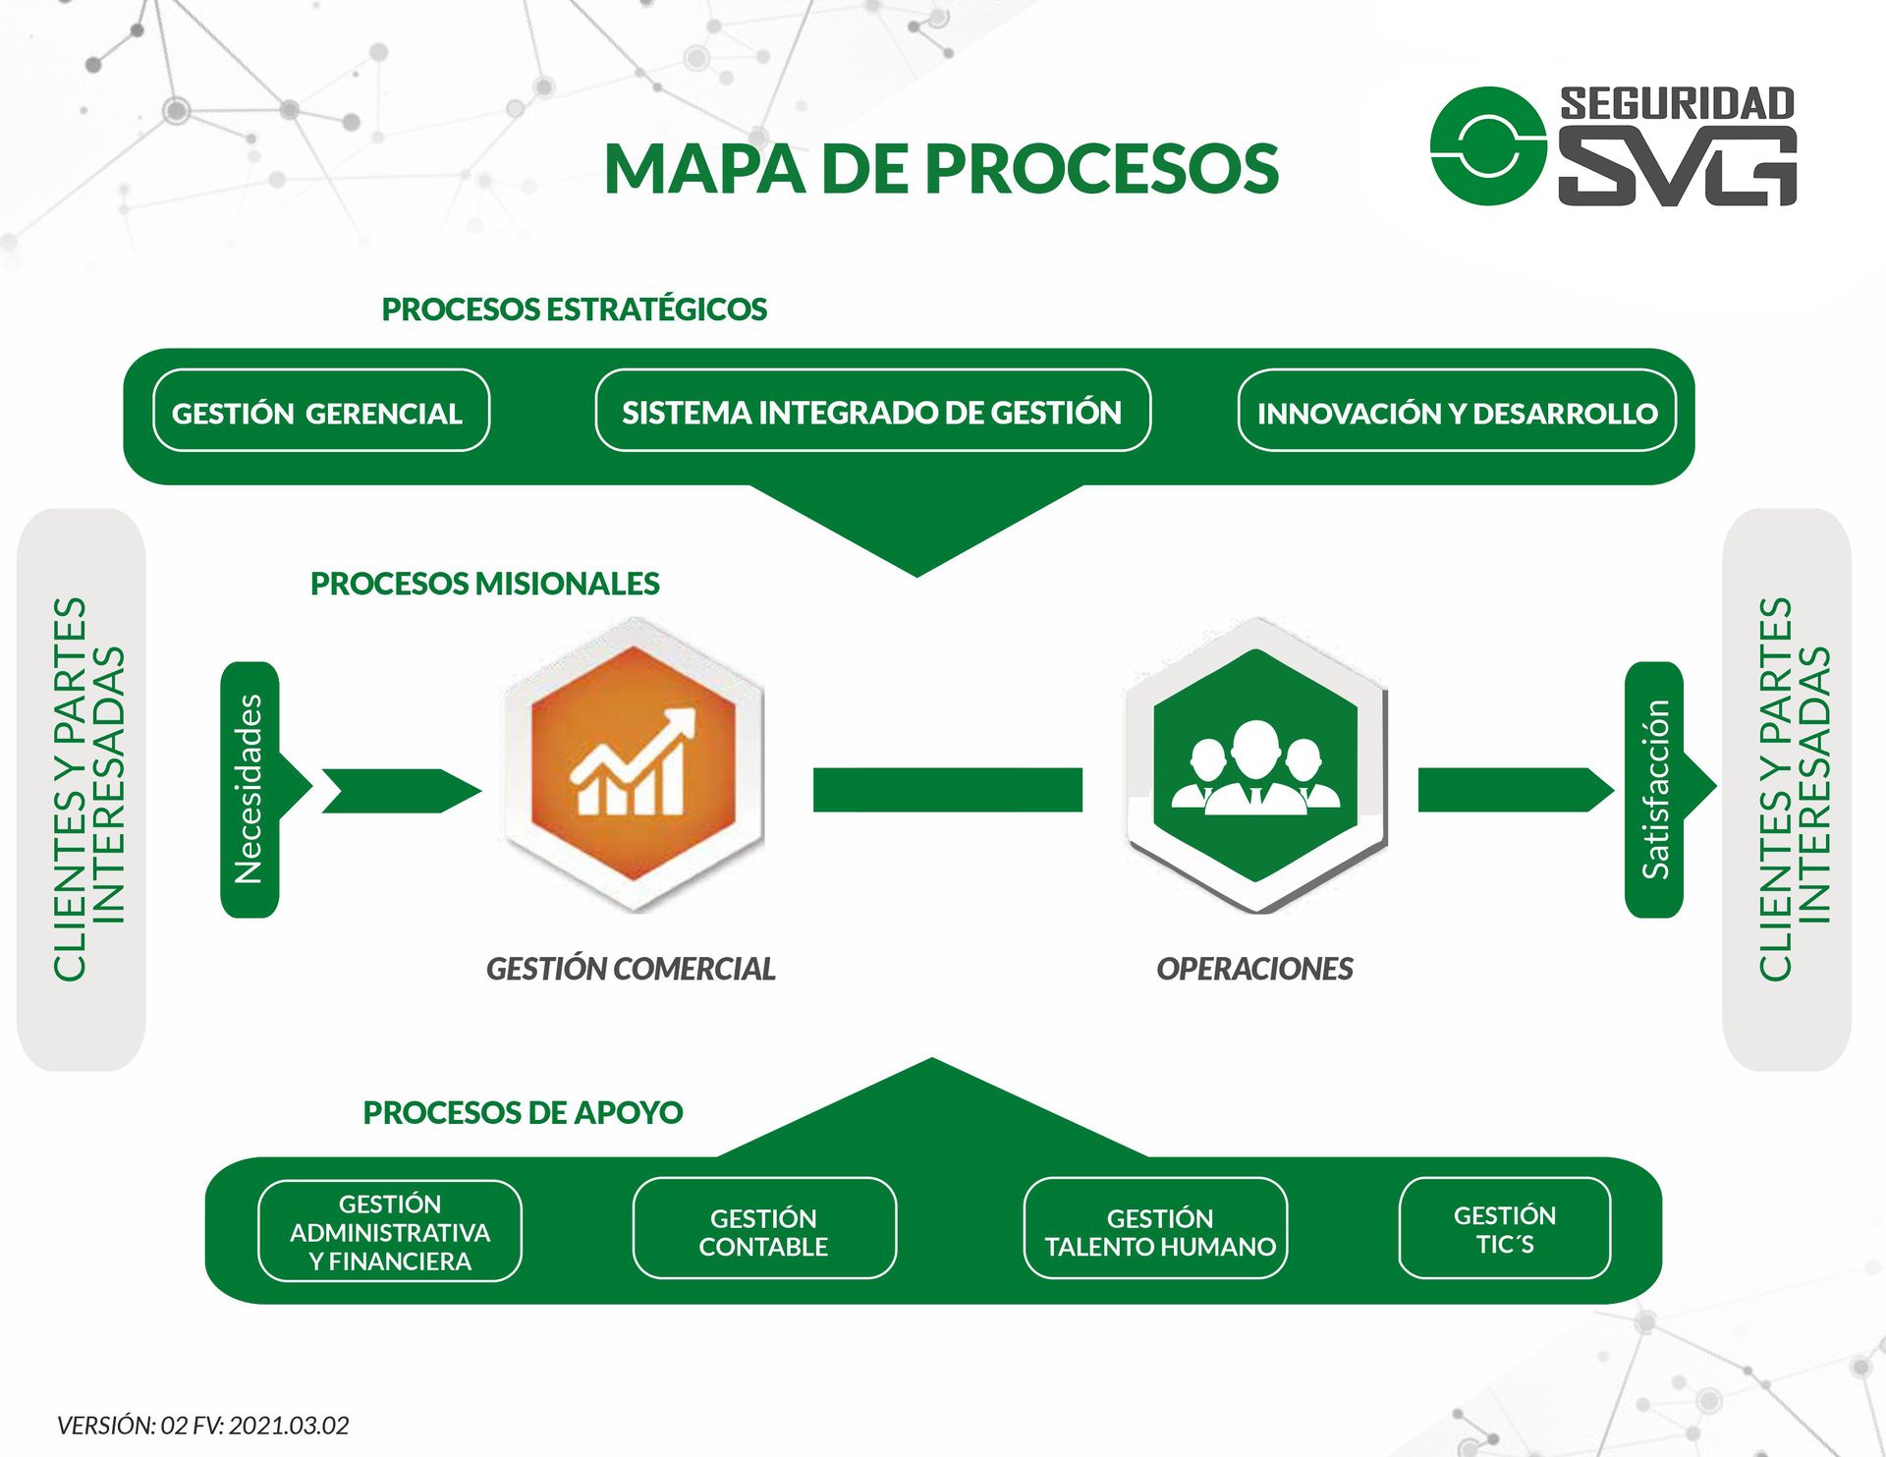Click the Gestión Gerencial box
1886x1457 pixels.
(321, 411)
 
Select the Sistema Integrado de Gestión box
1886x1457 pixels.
(873, 411)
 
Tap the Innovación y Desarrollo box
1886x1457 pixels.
(1457, 411)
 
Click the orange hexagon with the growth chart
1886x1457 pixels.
(634, 765)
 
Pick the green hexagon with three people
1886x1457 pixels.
(1256, 765)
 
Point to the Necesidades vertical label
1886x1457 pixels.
(250, 790)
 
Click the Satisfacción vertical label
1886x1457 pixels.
(1655, 790)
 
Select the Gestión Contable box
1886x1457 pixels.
(764, 1229)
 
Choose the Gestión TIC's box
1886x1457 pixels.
(1505, 1229)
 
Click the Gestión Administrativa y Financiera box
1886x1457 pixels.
(390, 1232)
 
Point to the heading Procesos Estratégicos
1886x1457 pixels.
(575, 309)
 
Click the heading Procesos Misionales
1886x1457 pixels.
(485, 584)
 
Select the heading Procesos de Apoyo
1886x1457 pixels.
(524, 1112)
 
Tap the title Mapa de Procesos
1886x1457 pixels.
(941, 168)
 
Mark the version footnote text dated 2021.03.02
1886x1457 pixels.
(203, 1426)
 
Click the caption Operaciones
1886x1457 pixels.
(1254, 969)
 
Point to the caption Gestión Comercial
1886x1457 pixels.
(632, 969)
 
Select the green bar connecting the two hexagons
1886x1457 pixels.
(948, 790)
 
